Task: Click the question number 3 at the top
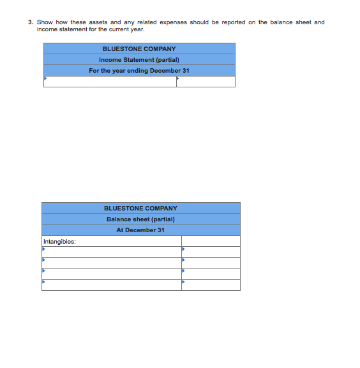[x=30, y=22]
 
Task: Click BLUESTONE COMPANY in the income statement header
[x=139, y=48]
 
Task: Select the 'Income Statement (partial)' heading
[x=139, y=59]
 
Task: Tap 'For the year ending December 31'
[x=139, y=70]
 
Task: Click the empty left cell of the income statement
[x=110, y=82]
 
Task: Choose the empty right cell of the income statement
[x=206, y=82]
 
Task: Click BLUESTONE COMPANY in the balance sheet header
[x=140, y=208]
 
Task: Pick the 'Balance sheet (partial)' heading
[x=140, y=219]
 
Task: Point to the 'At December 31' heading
[x=140, y=230]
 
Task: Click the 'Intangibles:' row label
[x=59, y=242]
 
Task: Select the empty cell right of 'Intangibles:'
[x=211, y=242]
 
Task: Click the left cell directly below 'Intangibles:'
[x=112, y=252]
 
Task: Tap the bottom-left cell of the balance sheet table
[x=112, y=284]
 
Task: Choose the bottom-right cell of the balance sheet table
[x=211, y=284]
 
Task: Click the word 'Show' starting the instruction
[x=44, y=22]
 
